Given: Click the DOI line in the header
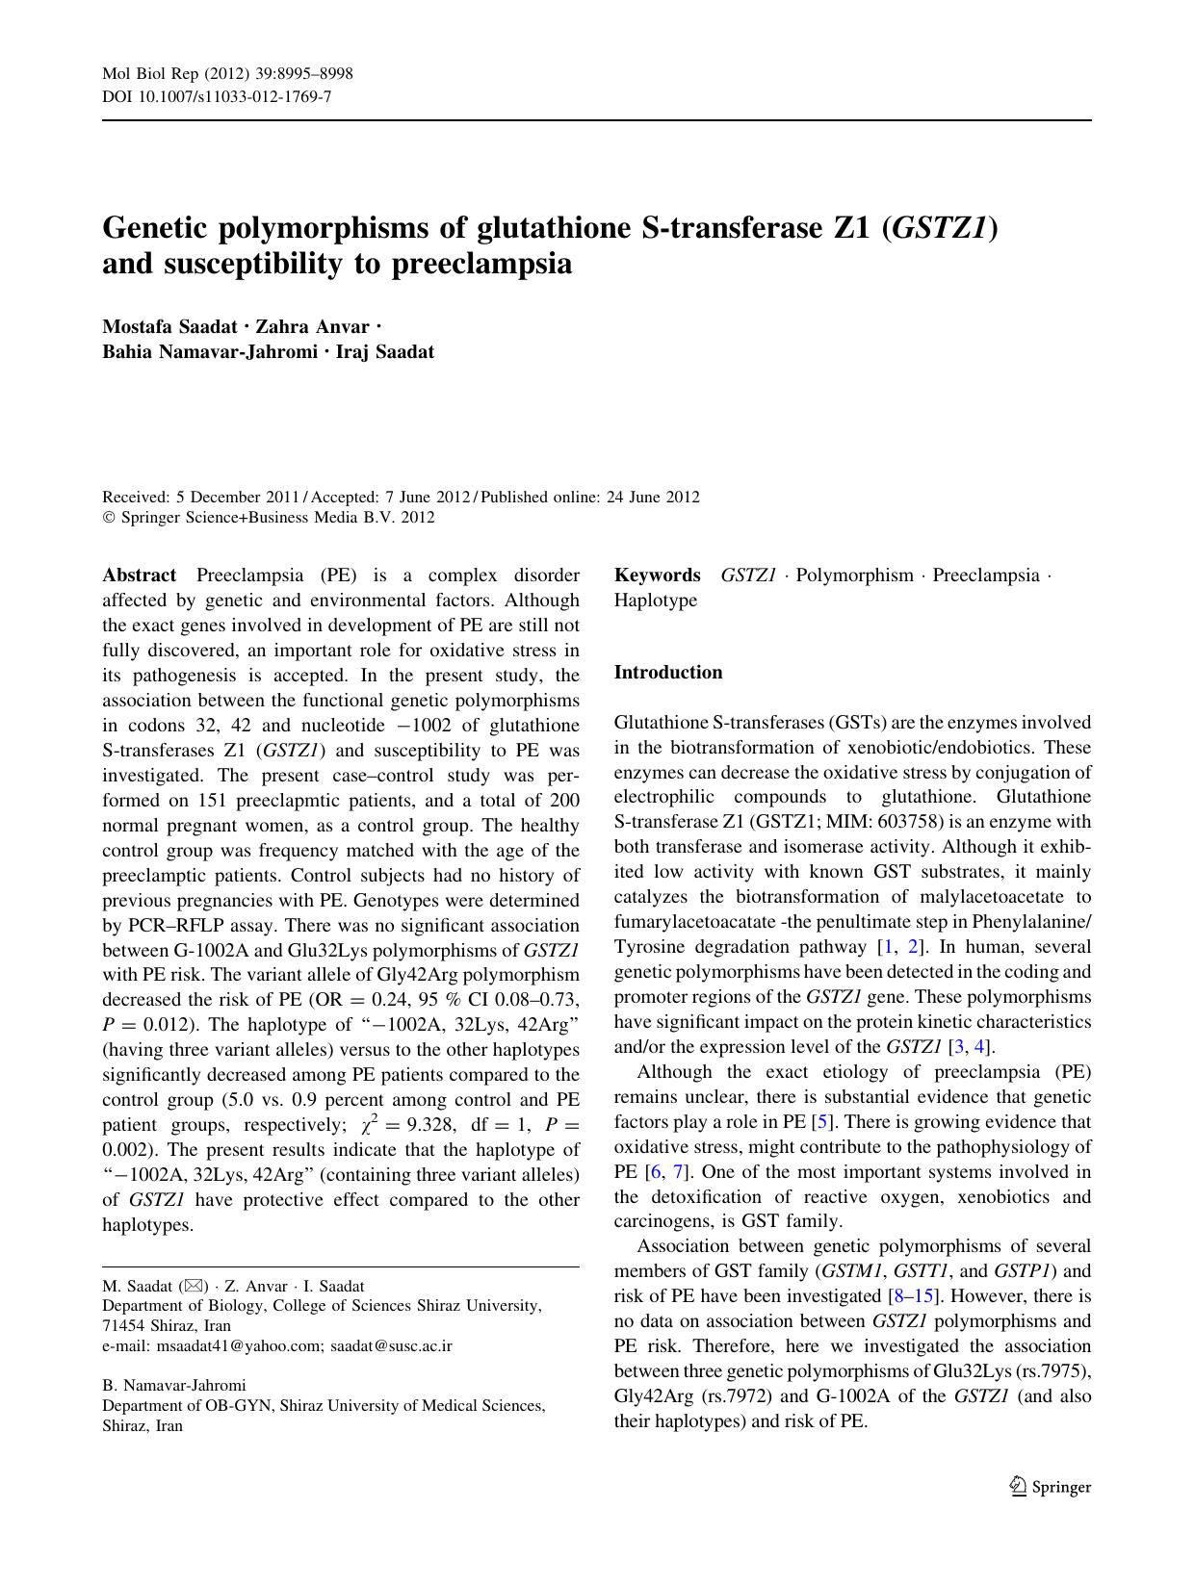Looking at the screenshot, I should point(217,96).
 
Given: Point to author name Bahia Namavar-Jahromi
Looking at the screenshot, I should point(210,351).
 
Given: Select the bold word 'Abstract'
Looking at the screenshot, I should point(139,576).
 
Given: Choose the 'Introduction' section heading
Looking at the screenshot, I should point(667,673).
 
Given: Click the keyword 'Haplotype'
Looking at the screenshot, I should point(655,601).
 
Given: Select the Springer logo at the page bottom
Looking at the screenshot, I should point(1050,1487).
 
